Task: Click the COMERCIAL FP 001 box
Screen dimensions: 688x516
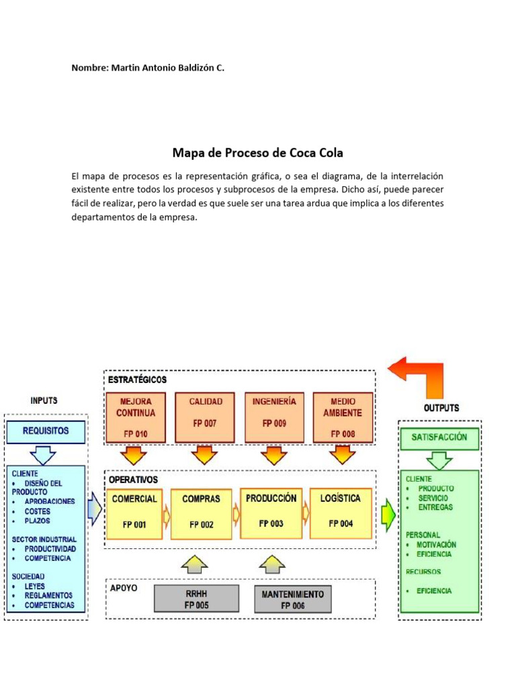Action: pos(134,514)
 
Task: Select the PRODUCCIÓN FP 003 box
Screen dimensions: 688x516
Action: pos(271,514)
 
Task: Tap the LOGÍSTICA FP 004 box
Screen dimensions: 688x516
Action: pos(340,514)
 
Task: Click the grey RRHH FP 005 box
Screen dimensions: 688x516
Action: pos(196,599)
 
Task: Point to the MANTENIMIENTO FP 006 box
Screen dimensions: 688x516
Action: pos(292,599)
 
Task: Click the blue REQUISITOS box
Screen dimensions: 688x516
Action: pos(46,431)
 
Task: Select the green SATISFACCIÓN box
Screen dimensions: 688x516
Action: pos(439,437)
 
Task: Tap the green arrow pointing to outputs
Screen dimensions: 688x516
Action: pos(388,514)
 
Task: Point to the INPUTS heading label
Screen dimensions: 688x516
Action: pos(44,400)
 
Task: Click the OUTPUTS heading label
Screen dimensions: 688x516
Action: pos(441,408)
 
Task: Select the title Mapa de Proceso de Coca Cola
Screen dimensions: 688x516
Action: pos(258,153)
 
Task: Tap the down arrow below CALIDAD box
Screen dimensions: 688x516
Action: pos(204,456)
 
